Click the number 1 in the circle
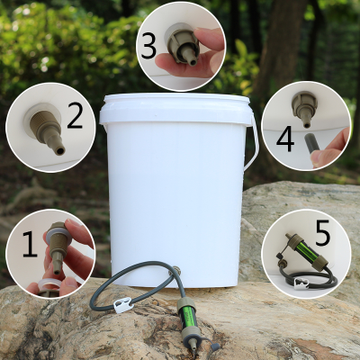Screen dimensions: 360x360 pos(29,243)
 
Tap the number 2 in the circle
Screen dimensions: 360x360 pos(75,116)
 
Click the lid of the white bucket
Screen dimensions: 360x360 pos(175,106)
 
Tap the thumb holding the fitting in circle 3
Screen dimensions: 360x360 pos(206,40)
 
